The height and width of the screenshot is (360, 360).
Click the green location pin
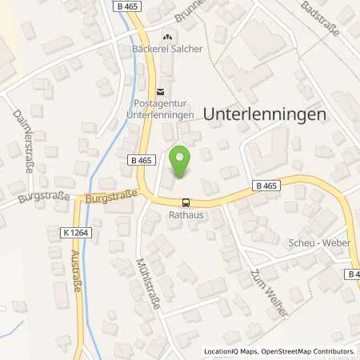(179, 163)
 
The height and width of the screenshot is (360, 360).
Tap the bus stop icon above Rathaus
(186, 203)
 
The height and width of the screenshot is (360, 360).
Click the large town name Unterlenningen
(266, 114)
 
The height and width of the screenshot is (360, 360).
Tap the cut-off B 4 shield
(353, 274)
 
